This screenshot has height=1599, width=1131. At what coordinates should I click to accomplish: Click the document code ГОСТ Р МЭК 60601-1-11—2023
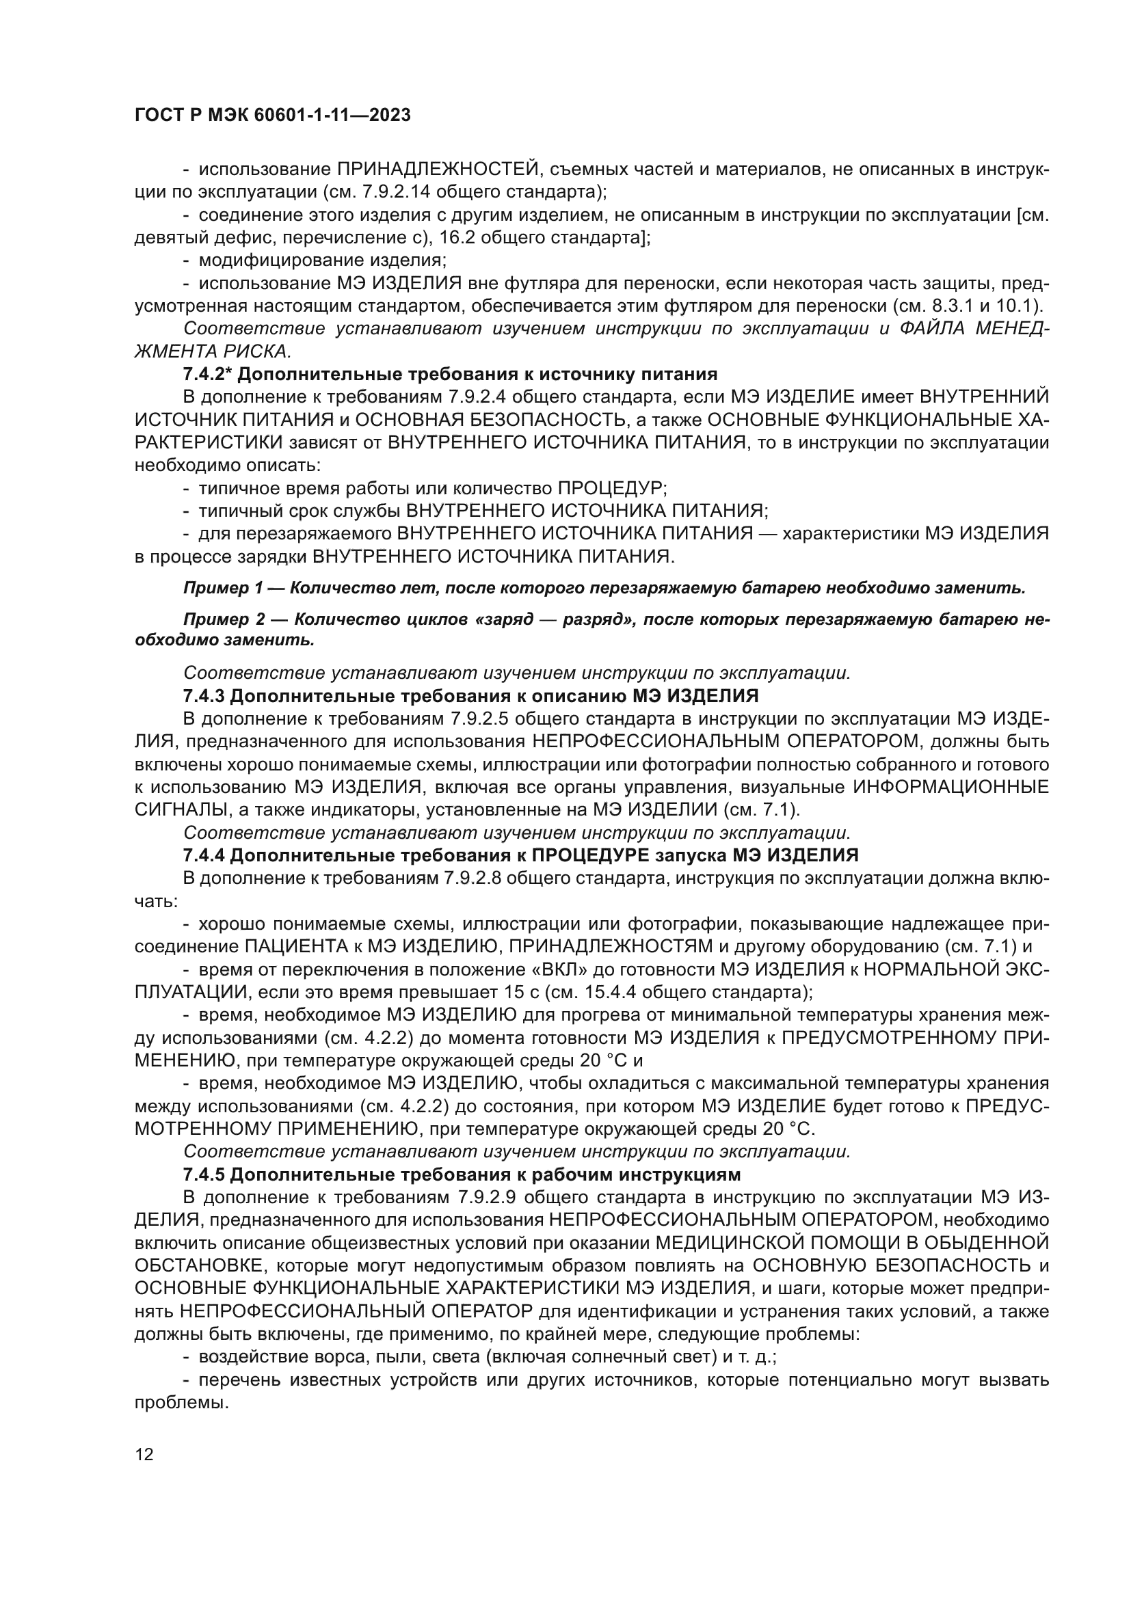(271, 116)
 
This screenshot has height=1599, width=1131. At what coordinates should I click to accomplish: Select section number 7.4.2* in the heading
(207, 375)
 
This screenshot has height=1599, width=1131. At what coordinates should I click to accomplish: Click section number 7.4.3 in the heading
(204, 696)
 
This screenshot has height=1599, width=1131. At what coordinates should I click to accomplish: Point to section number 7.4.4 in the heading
(204, 855)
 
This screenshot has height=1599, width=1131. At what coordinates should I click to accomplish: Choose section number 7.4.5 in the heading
(204, 1175)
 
